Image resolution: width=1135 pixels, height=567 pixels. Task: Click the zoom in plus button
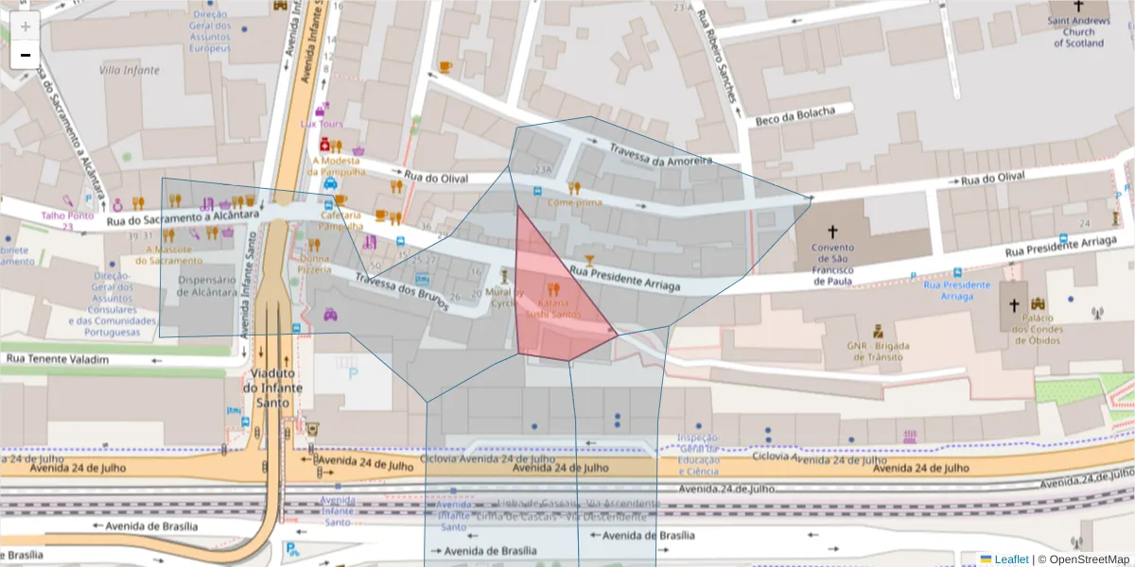(26, 26)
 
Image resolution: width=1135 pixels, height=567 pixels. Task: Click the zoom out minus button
(26, 55)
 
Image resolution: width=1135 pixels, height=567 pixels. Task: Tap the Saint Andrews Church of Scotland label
(1078, 31)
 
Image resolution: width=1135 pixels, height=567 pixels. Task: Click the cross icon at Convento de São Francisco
(832, 232)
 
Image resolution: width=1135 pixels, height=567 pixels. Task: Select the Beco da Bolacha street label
(795, 116)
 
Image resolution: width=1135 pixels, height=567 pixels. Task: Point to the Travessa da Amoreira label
(660, 155)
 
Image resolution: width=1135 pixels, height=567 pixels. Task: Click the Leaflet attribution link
(1011, 559)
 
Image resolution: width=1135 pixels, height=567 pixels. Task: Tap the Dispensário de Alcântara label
(206, 285)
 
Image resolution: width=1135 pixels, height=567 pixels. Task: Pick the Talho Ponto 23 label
(67, 220)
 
